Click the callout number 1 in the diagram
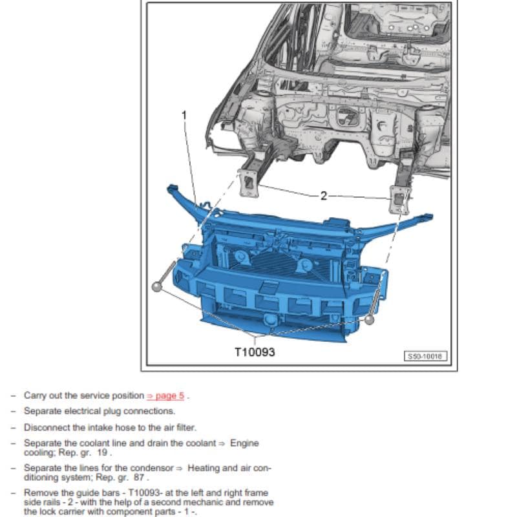(184, 115)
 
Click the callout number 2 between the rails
(324, 196)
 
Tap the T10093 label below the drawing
(255, 352)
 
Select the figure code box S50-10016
(425, 356)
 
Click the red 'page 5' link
(165, 396)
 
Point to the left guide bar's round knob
(157, 286)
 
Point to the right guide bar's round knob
(369, 319)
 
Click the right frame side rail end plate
(400, 200)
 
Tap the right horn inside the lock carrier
(304, 266)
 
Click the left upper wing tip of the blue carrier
(172, 189)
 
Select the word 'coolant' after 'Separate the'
(94, 443)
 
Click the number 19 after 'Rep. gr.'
(102, 452)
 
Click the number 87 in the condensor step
(139, 478)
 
